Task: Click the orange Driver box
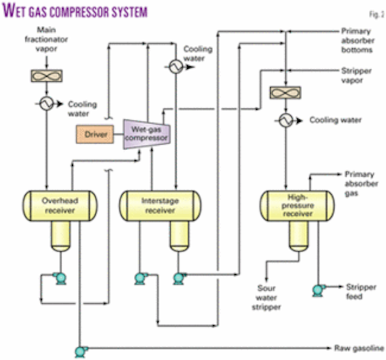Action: click(x=96, y=134)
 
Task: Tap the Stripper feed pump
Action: click(x=317, y=290)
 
